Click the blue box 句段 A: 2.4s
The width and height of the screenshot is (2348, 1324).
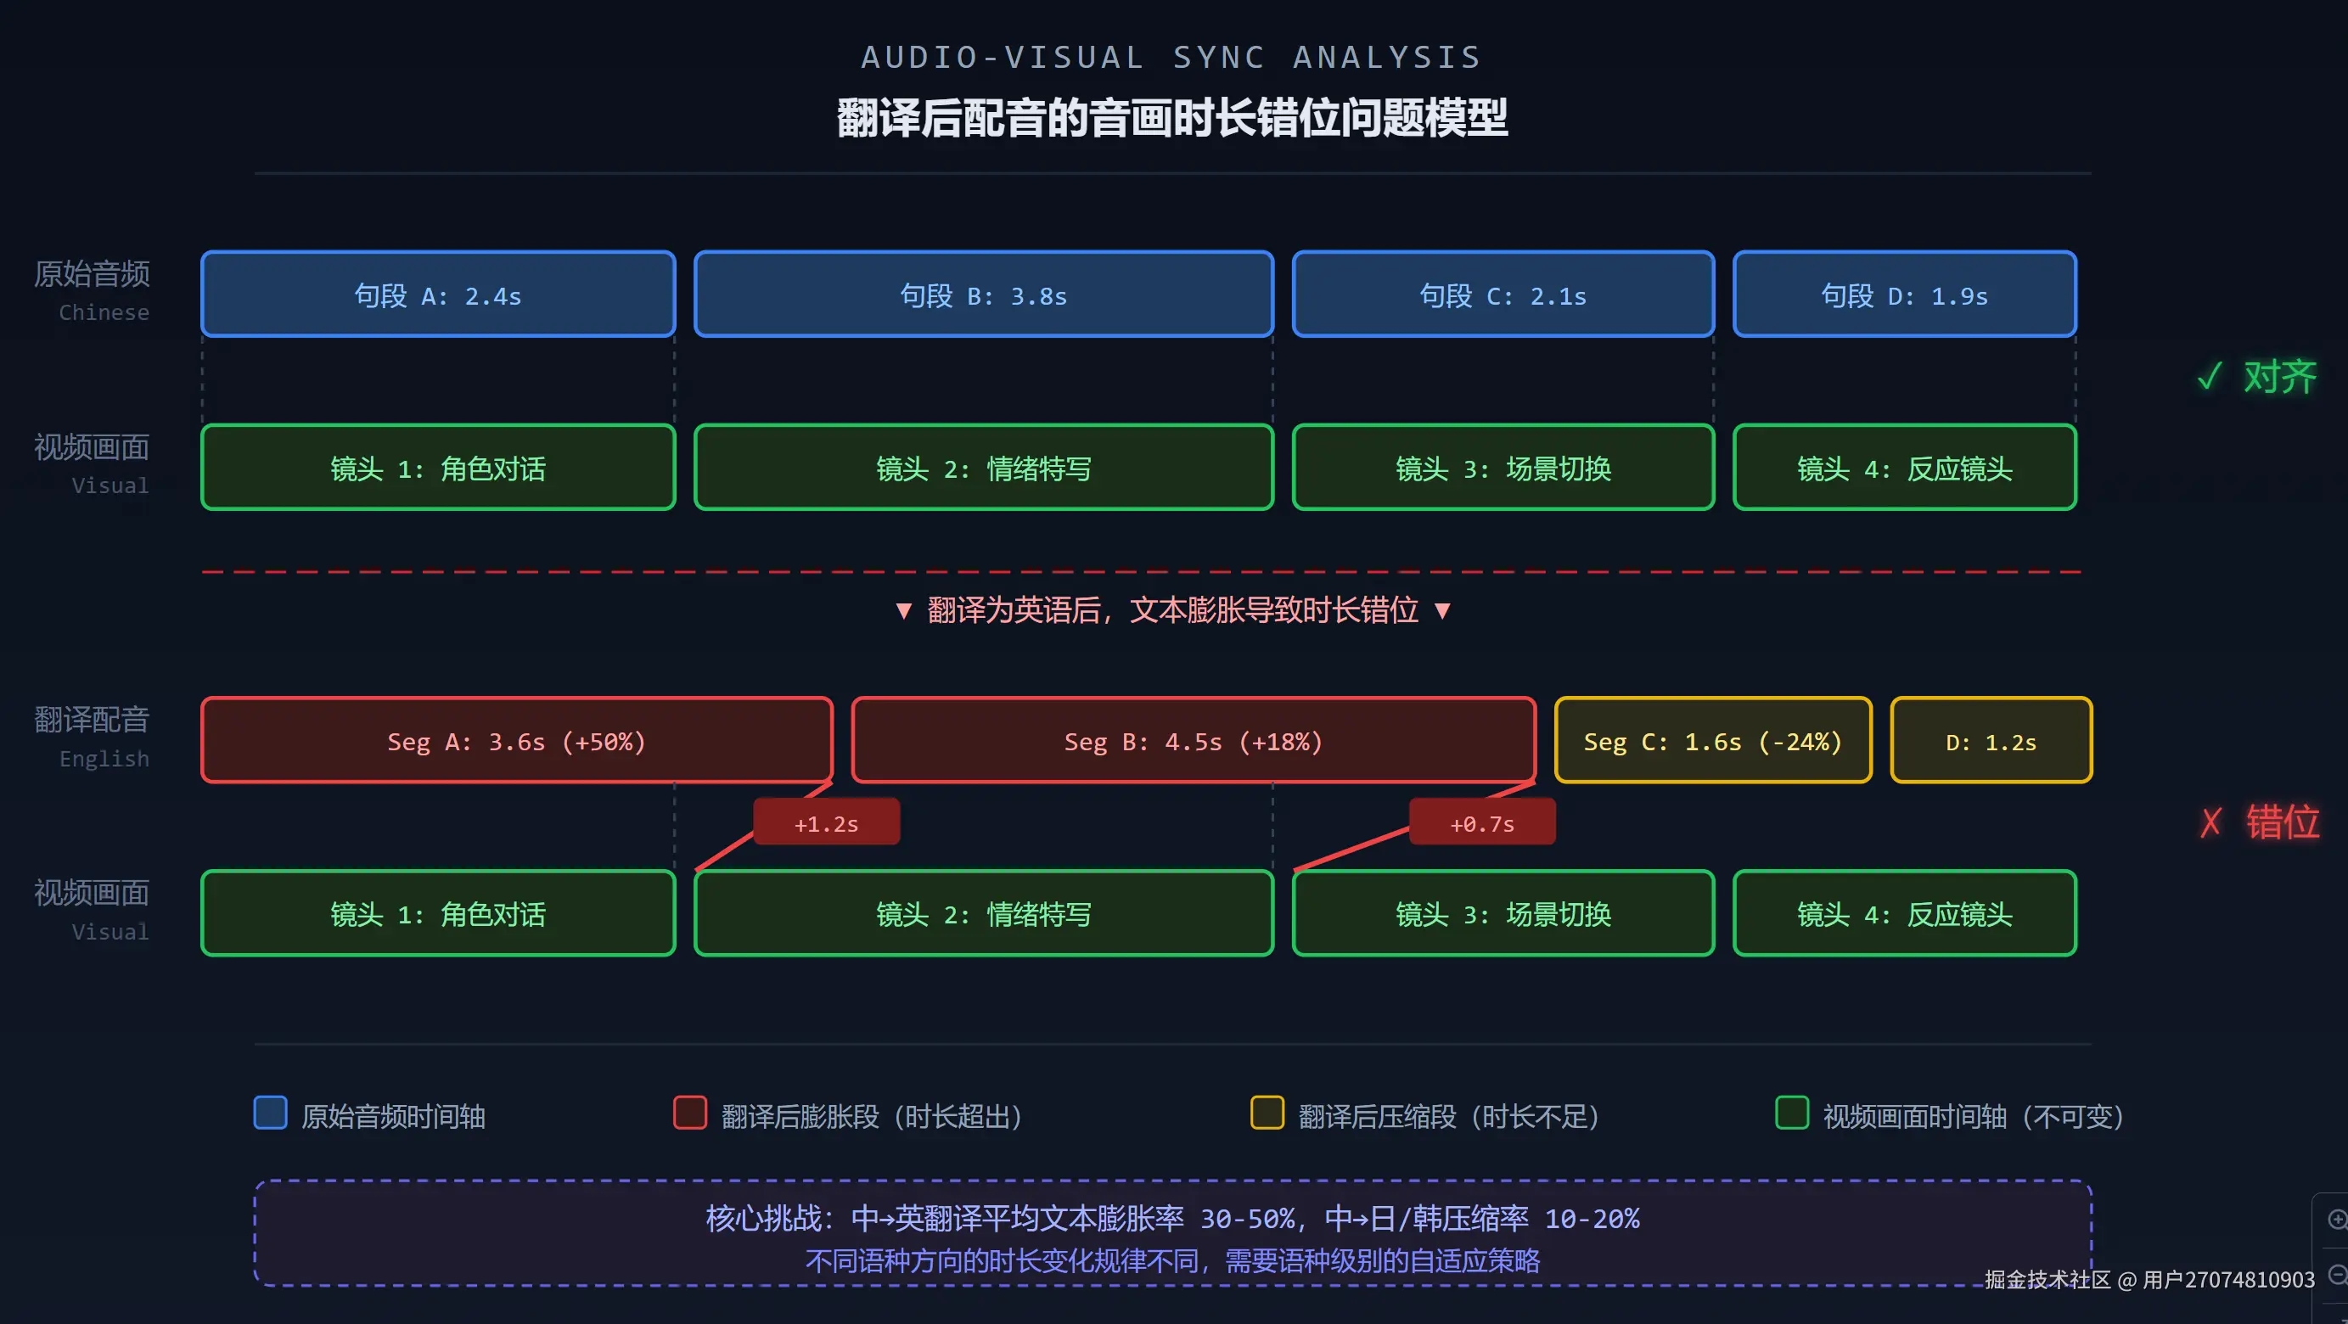point(437,295)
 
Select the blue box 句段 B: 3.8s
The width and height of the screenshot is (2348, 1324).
point(983,295)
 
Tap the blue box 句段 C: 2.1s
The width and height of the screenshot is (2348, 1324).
point(1503,295)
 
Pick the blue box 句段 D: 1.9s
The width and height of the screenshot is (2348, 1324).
point(1904,295)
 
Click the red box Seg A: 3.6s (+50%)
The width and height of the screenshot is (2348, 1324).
point(516,741)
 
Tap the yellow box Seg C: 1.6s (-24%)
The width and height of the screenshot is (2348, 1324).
point(1712,741)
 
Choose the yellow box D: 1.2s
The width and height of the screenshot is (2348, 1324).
point(1991,741)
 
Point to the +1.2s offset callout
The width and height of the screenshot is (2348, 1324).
point(826,822)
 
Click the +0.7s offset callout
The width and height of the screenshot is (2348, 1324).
point(1482,822)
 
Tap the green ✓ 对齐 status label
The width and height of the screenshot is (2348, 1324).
point(2257,376)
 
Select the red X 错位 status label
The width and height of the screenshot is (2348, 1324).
point(2260,822)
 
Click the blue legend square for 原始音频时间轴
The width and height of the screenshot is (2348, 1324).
point(270,1113)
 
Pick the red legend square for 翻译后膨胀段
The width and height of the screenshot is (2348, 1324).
point(689,1113)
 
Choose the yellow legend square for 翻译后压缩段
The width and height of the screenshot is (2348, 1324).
point(1267,1113)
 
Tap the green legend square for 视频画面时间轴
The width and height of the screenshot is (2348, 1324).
point(1791,1113)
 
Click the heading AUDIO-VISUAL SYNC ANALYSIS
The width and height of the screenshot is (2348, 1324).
point(1171,58)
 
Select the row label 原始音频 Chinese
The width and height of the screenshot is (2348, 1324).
point(92,289)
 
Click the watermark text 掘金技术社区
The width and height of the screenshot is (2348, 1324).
point(2047,1279)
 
